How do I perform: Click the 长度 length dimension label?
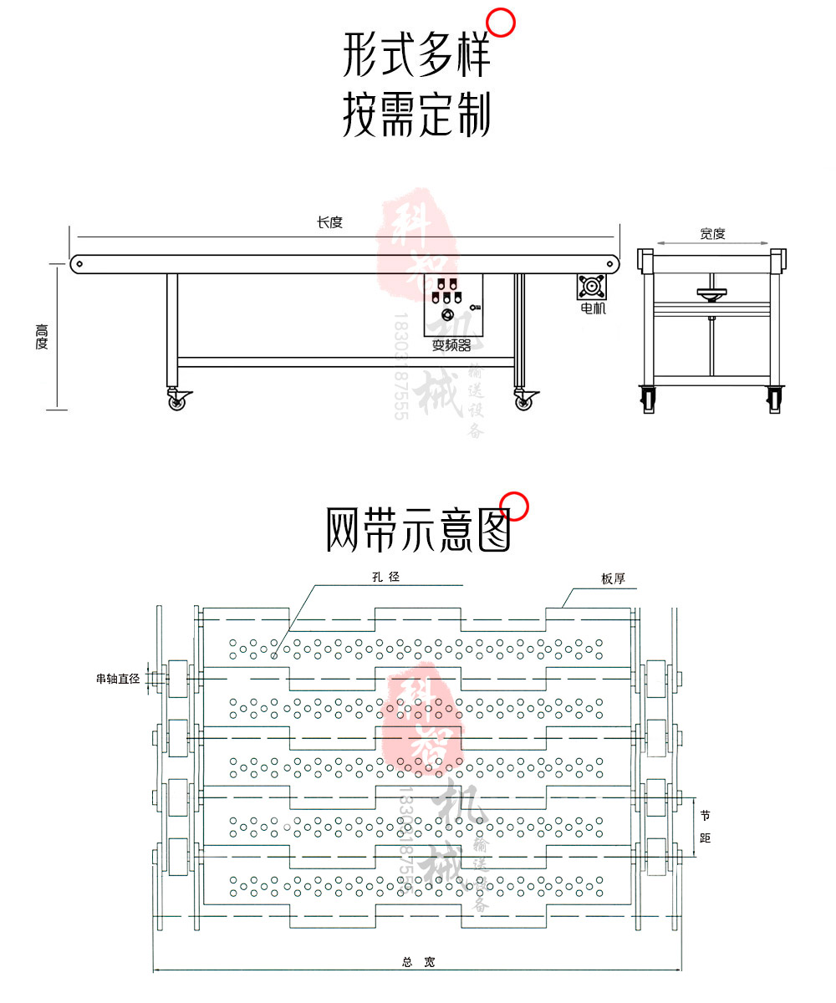(329, 222)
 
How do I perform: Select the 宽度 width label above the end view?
(712, 234)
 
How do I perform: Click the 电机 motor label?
(594, 308)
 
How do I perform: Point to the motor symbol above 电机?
(593, 287)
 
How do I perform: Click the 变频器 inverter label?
(451, 345)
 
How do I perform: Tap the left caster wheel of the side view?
(177, 402)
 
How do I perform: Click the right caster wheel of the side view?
(523, 402)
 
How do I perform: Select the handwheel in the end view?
(711, 293)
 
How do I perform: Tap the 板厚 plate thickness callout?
(613, 578)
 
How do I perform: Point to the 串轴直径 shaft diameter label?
(117, 680)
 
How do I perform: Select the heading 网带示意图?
(417, 528)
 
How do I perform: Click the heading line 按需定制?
(416, 115)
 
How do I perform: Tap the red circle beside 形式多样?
(501, 23)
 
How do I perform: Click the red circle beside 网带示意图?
(515, 507)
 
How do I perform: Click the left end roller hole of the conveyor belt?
(79, 263)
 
